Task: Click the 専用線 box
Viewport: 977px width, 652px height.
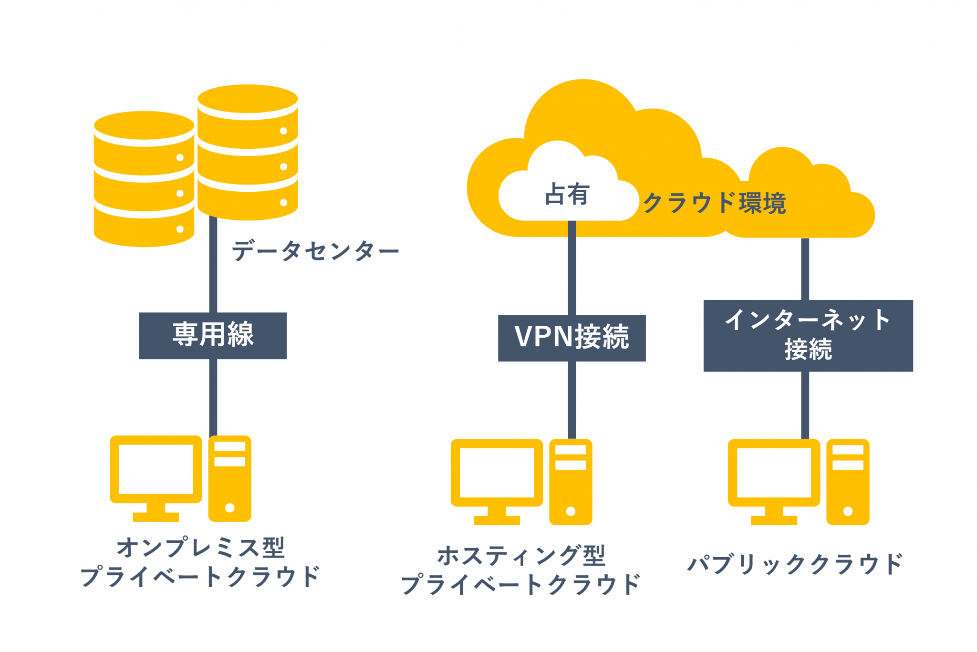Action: (213, 335)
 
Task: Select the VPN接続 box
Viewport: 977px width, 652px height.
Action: (572, 338)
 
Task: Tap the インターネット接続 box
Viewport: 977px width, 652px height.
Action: (808, 335)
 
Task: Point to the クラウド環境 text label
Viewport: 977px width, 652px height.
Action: (714, 203)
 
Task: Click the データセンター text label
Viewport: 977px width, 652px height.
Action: (315, 251)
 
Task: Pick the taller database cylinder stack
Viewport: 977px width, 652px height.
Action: (248, 153)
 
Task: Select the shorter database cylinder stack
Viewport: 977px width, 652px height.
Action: (144, 179)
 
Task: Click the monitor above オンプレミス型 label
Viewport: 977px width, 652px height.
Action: (156, 472)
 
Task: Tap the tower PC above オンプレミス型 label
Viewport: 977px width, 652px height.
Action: (229, 478)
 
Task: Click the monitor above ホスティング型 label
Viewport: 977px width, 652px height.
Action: (497, 476)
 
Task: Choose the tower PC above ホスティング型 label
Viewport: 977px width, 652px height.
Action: (571, 482)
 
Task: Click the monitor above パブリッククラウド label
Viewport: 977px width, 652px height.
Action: (773, 476)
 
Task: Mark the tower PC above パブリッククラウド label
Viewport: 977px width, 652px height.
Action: (848, 482)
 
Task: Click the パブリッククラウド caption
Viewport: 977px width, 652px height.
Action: (794, 564)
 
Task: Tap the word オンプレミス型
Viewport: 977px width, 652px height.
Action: (200, 548)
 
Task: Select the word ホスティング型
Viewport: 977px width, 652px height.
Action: (521, 556)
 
